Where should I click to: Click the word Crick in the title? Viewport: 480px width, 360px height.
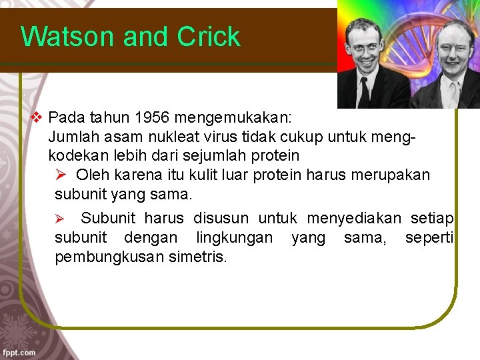[209, 37]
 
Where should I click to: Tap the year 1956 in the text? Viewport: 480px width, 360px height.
[153, 118]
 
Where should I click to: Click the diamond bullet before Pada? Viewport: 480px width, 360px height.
[37, 118]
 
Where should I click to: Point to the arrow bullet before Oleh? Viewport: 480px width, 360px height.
[60, 175]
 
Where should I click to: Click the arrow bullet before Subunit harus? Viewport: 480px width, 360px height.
[59, 219]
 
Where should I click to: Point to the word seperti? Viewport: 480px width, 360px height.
[429, 237]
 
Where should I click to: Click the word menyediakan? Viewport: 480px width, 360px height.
[355, 218]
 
